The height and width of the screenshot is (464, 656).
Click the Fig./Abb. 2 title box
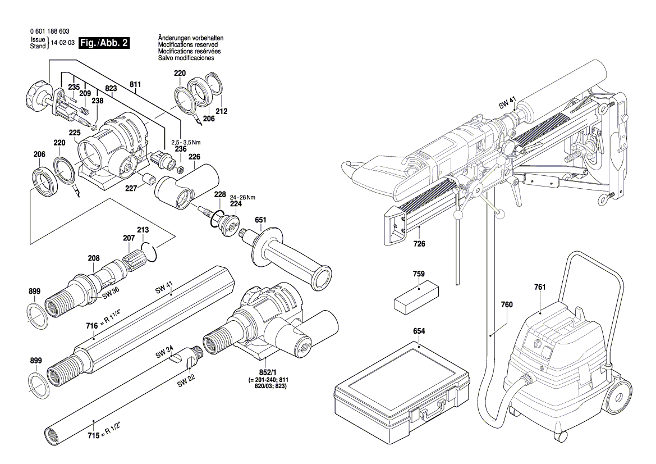click(x=104, y=43)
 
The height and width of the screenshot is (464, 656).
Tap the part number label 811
click(x=135, y=84)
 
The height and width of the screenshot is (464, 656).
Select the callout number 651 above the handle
click(x=260, y=220)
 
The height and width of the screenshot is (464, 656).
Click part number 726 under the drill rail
click(x=419, y=244)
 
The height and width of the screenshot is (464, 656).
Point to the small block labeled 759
click(x=417, y=298)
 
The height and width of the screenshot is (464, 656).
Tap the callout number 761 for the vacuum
click(x=540, y=287)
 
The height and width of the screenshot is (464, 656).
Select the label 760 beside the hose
click(x=507, y=304)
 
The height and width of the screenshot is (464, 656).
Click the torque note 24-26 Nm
click(x=242, y=197)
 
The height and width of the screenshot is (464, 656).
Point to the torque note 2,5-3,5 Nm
click(x=186, y=142)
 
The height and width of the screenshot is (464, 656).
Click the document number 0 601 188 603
click(x=50, y=31)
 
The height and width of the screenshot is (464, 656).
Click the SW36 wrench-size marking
click(x=111, y=294)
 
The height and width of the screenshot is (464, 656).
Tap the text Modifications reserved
click(x=188, y=44)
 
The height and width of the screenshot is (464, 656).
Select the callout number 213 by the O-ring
click(x=143, y=230)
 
